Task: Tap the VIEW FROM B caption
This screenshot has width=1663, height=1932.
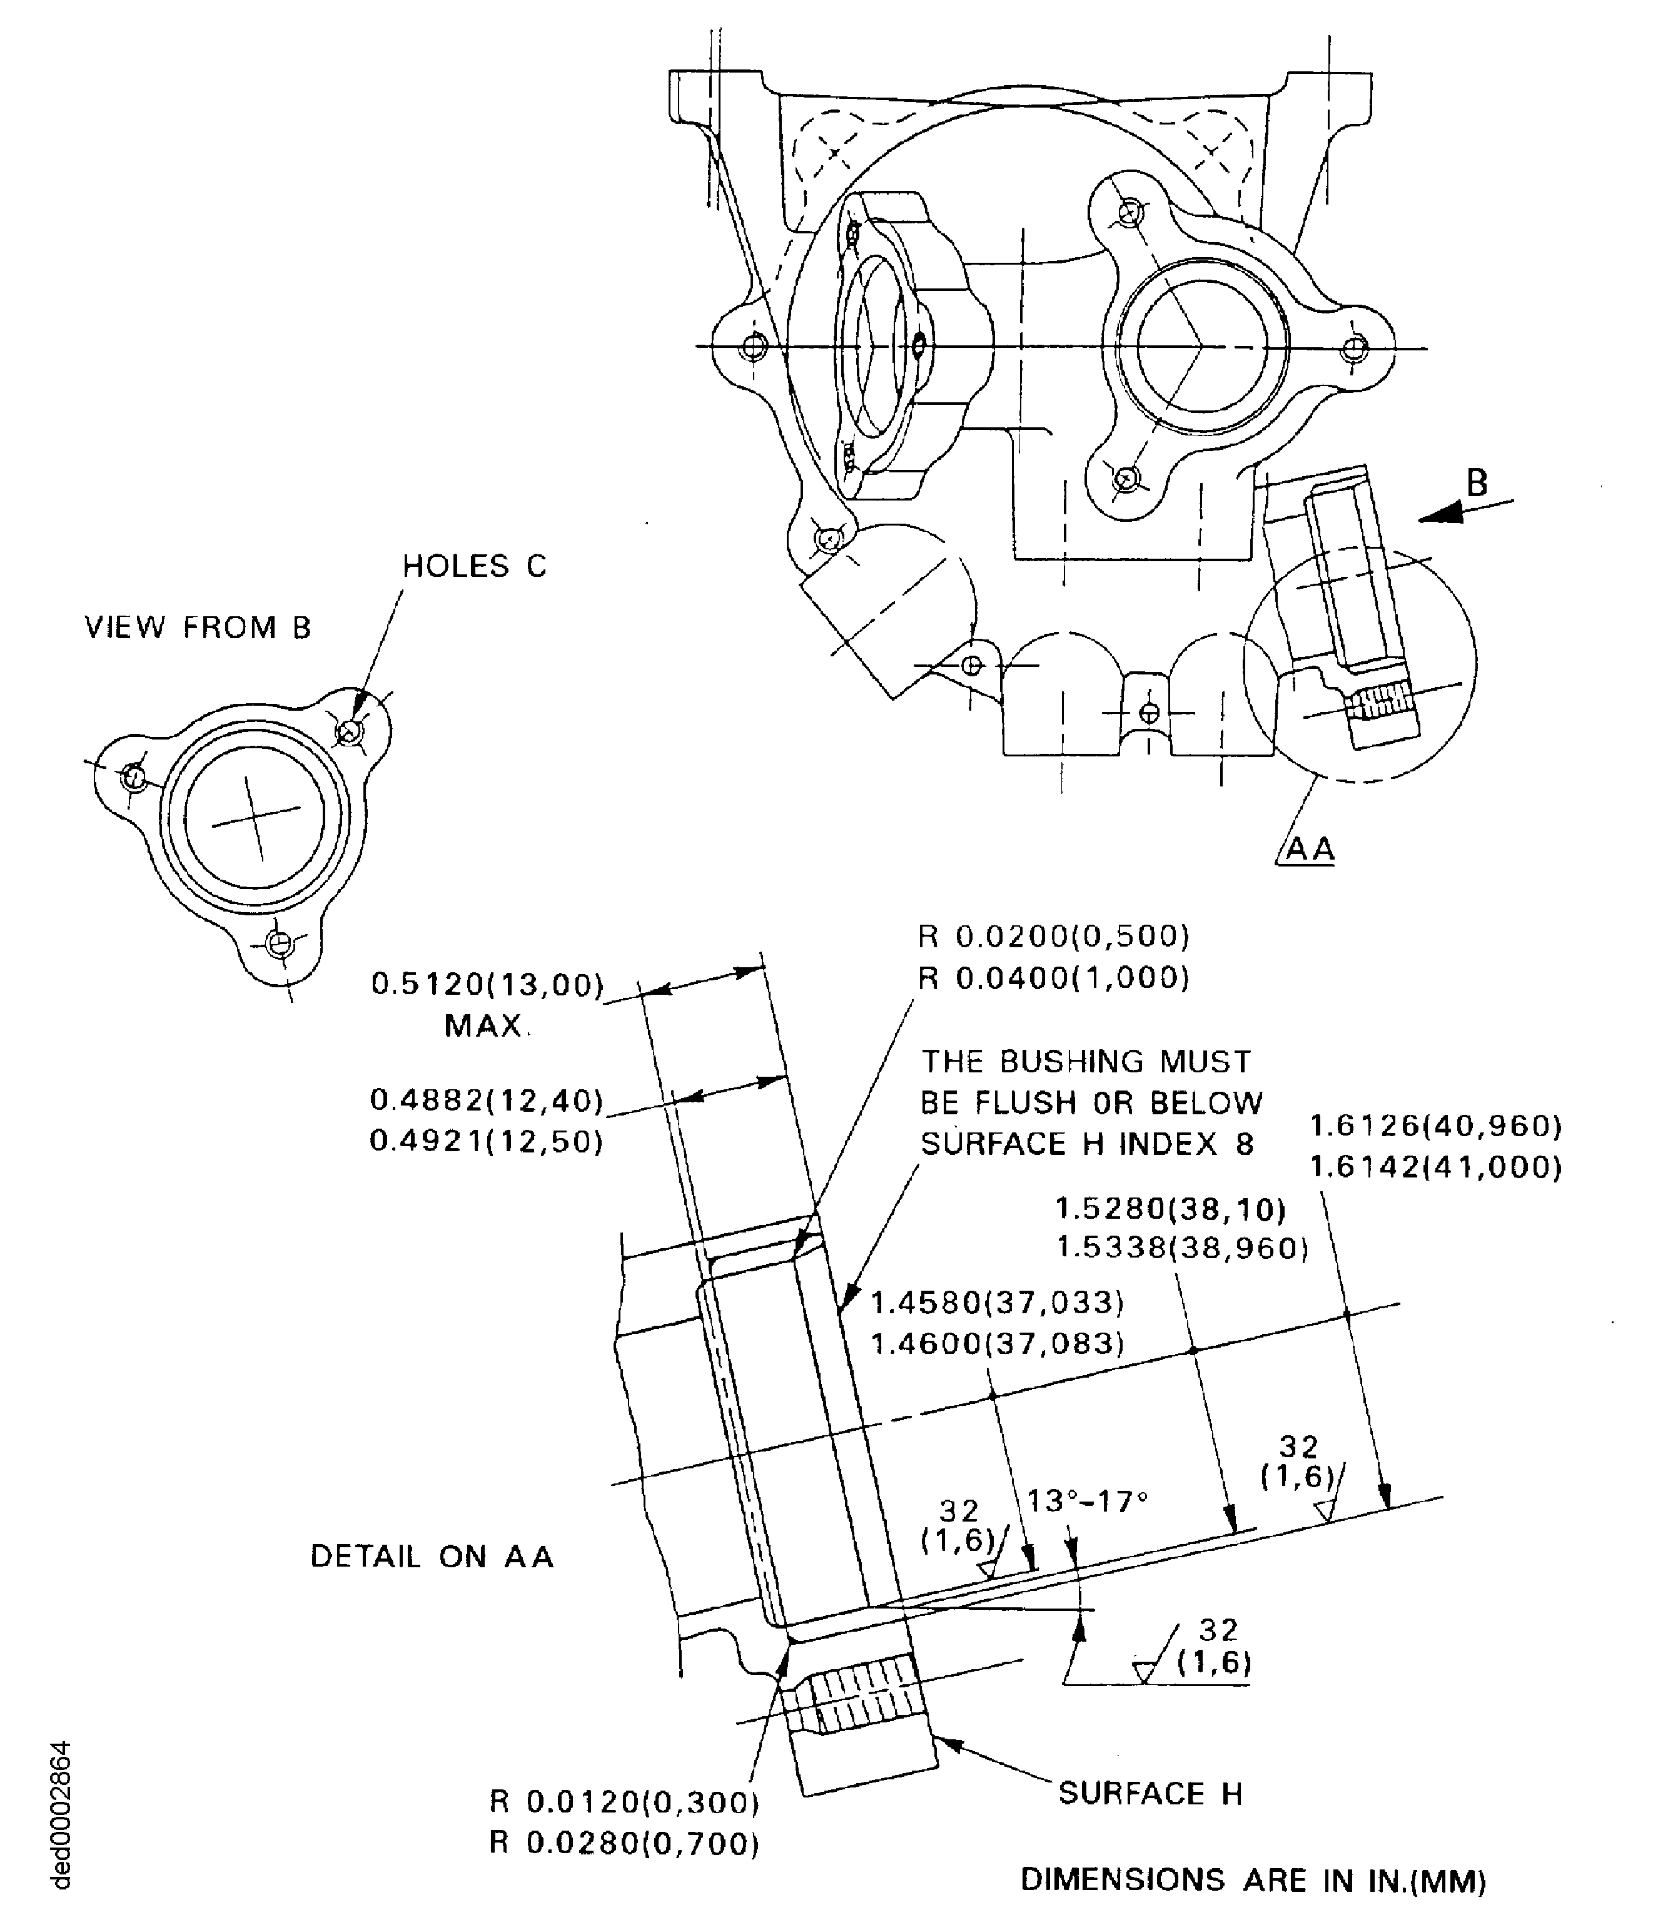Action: point(198,628)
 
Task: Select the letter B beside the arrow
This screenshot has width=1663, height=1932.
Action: point(1477,483)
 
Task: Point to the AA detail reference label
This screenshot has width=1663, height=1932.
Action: point(1311,850)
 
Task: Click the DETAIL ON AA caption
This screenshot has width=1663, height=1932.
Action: point(432,1556)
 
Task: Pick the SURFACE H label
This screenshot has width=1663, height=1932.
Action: point(1150,1793)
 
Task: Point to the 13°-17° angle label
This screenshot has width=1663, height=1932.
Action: point(1087,1502)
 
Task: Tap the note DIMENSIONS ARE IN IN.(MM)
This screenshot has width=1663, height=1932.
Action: point(1253,1881)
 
